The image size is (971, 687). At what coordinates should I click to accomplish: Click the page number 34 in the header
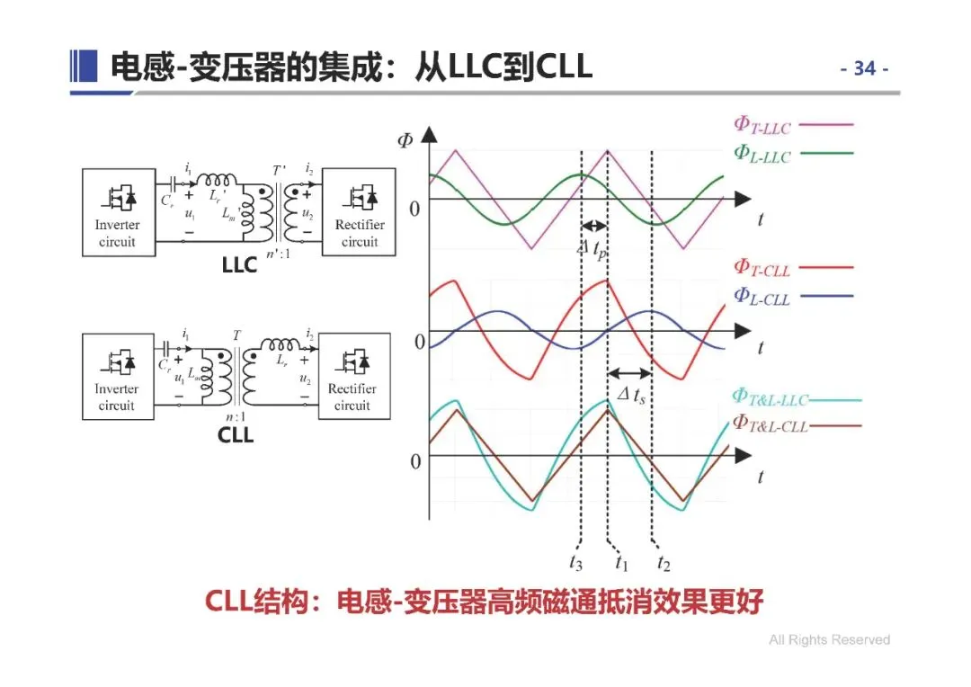[x=864, y=69]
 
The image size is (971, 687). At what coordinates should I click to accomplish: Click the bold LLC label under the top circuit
[x=239, y=265]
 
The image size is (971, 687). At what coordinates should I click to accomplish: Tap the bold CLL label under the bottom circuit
[x=236, y=435]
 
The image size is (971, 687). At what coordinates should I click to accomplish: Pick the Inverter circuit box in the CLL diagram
[x=116, y=376]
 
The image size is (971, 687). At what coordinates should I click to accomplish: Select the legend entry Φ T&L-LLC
[x=770, y=398]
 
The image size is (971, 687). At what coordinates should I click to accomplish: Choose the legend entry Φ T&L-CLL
[x=770, y=424]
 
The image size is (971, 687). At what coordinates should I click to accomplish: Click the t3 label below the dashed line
[x=575, y=563]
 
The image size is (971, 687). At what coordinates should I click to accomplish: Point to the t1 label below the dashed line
[x=620, y=563]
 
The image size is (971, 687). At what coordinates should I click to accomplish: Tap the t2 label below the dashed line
[x=663, y=563]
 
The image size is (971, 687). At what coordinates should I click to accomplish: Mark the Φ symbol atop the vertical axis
[x=404, y=140]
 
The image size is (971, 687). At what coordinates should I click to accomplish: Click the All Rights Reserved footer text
[x=829, y=640]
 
